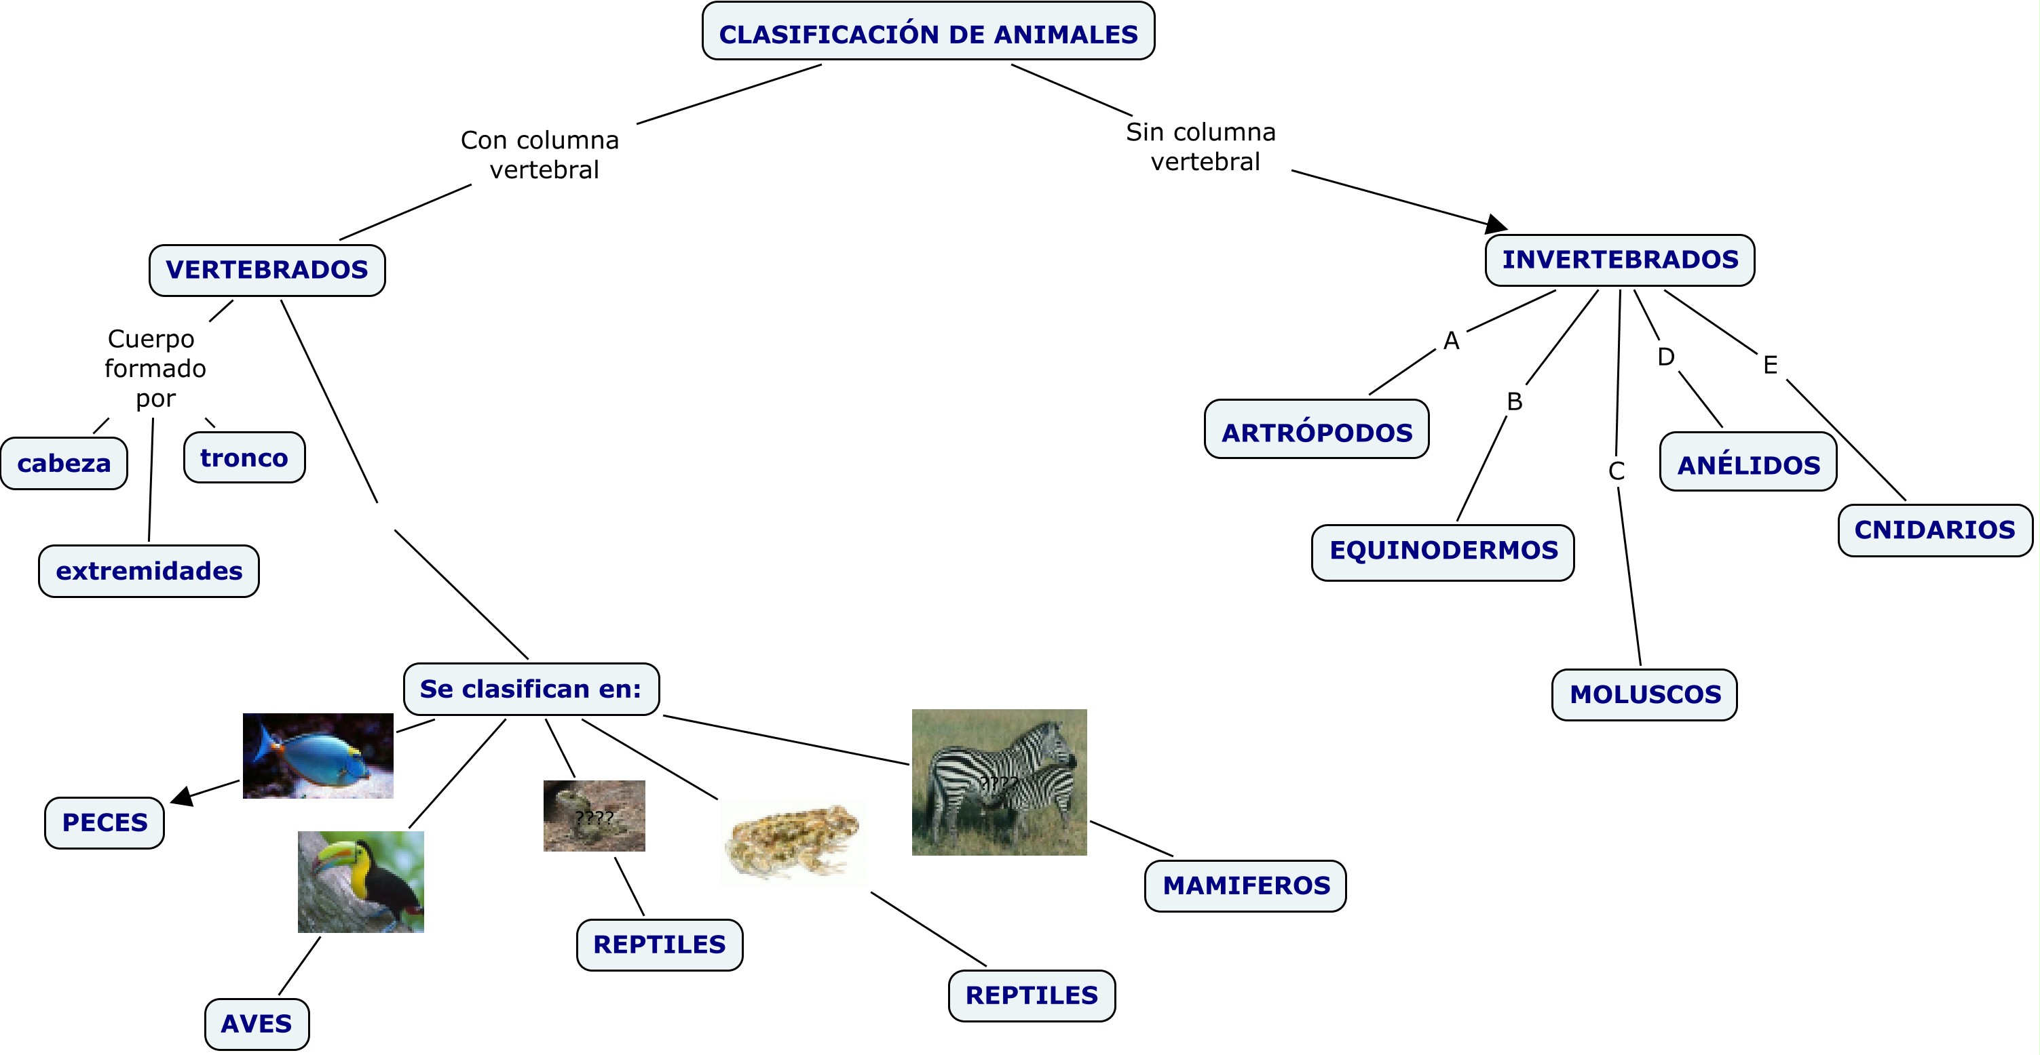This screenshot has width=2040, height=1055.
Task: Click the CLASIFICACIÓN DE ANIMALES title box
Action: coord(928,32)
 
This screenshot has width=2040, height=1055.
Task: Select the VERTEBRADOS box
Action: coord(267,270)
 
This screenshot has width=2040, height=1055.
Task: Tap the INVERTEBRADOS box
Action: coord(1619,260)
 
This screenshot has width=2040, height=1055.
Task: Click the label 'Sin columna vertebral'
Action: coord(1201,146)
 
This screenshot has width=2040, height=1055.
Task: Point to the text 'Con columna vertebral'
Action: coord(541,155)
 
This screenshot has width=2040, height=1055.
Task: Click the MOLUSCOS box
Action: coord(1645,694)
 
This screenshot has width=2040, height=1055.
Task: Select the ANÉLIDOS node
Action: coord(1748,464)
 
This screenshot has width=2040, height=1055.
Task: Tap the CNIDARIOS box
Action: coord(1935,530)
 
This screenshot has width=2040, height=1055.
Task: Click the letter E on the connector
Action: coord(1770,365)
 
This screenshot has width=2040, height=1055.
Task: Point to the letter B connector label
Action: coord(1514,401)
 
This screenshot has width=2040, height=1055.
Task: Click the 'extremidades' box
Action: coord(149,571)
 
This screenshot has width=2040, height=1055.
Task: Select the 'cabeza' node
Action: coord(64,463)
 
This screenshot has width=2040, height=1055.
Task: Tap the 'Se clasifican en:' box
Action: coord(531,689)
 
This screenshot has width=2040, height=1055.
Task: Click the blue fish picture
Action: coord(318,755)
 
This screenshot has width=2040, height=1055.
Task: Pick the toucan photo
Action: coord(360,881)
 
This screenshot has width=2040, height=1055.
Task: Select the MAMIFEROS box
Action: coord(1246,885)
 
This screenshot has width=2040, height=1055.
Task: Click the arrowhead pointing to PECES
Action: coord(181,796)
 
